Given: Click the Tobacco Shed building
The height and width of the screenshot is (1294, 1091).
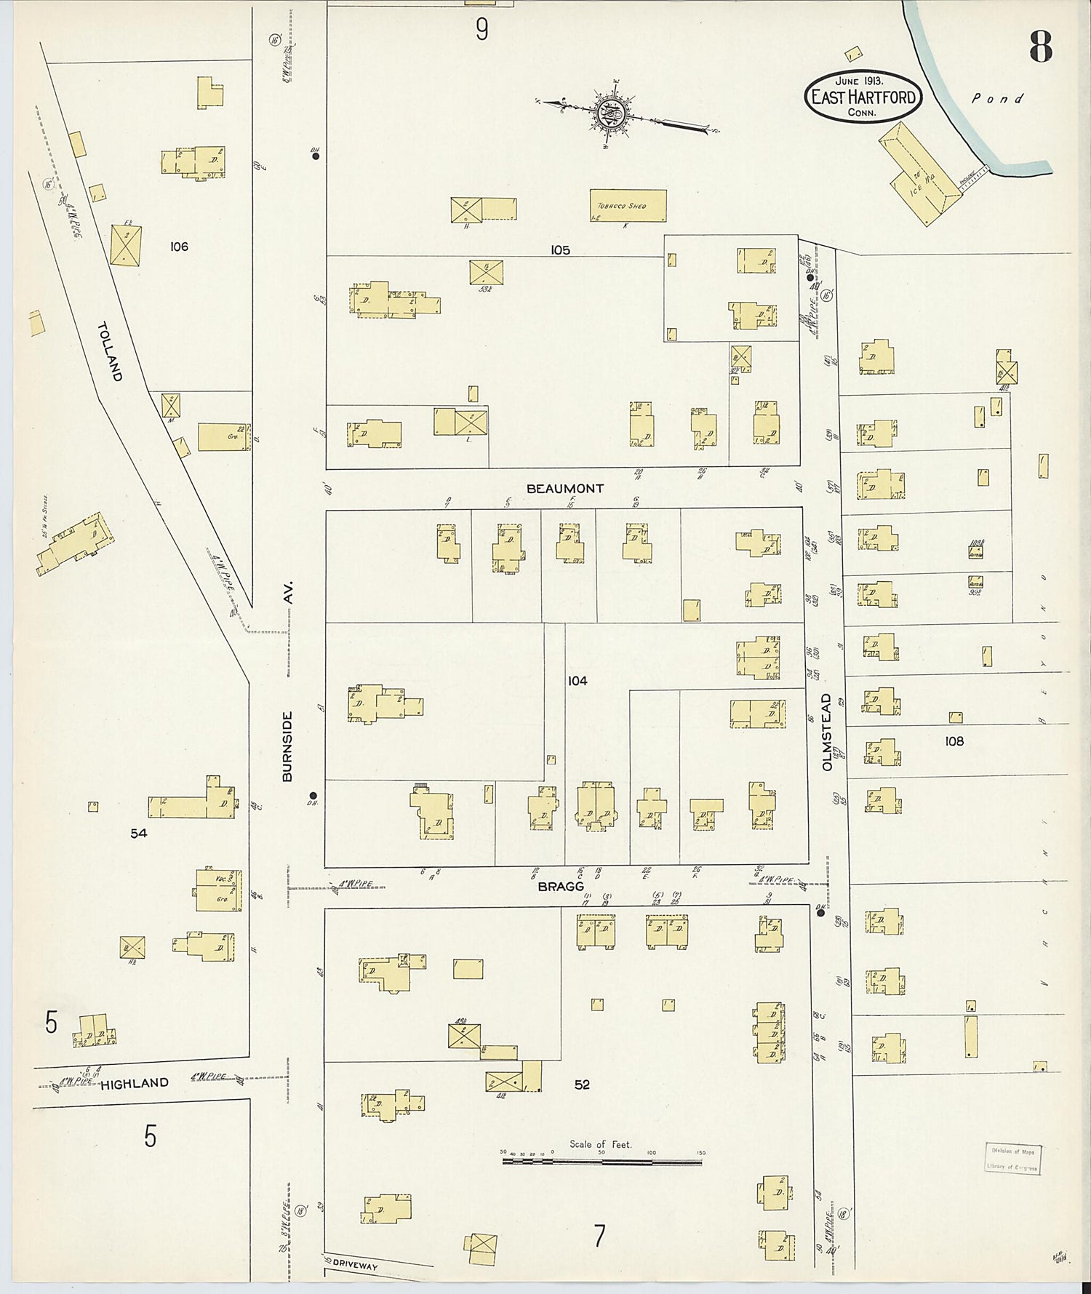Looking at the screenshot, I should (x=627, y=206).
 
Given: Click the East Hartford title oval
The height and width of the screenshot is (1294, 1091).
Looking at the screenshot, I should (x=863, y=96).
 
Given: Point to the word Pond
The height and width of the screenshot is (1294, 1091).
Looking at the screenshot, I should (x=997, y=98).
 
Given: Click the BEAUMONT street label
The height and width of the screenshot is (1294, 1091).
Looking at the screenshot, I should (x=564, y=489).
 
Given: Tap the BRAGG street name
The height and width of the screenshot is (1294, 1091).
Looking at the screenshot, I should (x=561, y=887).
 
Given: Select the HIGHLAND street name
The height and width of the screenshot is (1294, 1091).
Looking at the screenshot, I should (x=135, y=1083).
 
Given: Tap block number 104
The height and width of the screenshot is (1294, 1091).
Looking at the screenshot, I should (x=578, y=682).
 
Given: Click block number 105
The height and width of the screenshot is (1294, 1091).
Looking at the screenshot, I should (x=560, y=250).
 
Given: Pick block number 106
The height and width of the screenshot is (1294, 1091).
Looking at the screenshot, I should (x=179, y=247).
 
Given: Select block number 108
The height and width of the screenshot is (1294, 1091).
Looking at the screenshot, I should (x=954, y=741).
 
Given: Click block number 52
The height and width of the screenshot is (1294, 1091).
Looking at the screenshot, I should (x=582, y=1085).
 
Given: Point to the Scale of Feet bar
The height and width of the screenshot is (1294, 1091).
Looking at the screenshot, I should (x=602, y=1162).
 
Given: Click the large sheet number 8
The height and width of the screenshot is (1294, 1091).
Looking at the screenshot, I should (x=1040, y=47).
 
